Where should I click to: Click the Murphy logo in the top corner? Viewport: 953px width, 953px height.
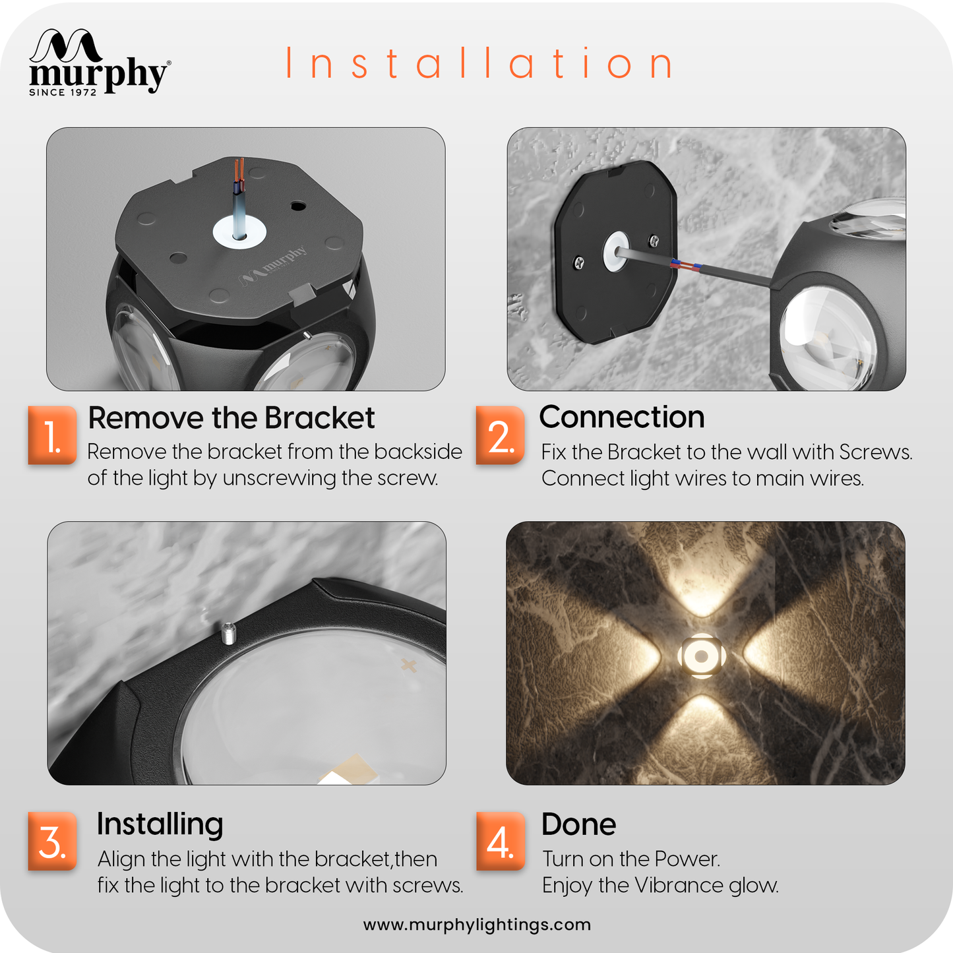pyautogui.click(x=100, y=62)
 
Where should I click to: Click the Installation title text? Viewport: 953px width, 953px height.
pyautogui.click(x=479, y=63)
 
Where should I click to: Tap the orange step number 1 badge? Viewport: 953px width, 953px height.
pyautogui.click(x=52, y=435)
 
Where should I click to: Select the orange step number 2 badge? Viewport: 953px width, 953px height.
pyautogui.click(x=500, y=435)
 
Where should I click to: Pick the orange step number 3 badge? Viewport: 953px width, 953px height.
pyautogui.click(x=52, y=842)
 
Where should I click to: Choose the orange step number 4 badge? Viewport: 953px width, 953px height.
pyautogui.click(x=501, y=842)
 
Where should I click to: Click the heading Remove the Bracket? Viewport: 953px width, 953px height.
pyautogui.click(x=231, y=418)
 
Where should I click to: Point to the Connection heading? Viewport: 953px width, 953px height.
pyautogui.click(x=622, y=417)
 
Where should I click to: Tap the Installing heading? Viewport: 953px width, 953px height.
pyautogui.click(x=160, y=824)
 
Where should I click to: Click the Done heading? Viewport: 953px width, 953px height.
pyautogui.click(x=578, y=824)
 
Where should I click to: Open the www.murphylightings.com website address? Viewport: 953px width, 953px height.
pyautogui.click(x=477, y=925)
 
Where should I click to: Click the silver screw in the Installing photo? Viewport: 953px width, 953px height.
pyautogui.click(x=228, y=634)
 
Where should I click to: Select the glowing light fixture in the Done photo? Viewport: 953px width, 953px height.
pyautogui.click(x=701, y=656)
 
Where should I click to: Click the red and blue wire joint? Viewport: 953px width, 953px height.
pyautogui.click(x=685, y=265)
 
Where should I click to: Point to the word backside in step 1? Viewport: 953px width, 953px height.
pyautogui.click(x=418, y=452)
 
